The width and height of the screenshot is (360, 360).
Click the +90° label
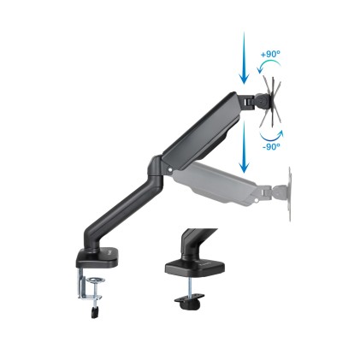click(x=270, y=54)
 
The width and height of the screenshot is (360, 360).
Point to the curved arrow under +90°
click(x=268, y=68)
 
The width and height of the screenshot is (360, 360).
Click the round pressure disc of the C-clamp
click(x=93, y=280)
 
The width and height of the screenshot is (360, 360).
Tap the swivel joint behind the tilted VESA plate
click(x=254, y=100)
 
